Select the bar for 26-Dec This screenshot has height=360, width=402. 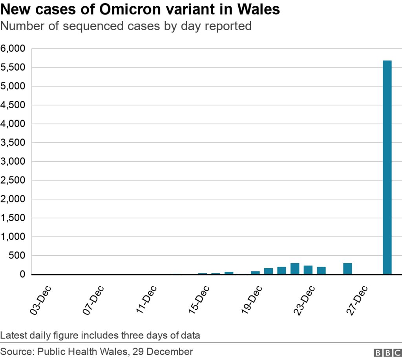click(347, 269)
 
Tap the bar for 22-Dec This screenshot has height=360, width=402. click(295, 269)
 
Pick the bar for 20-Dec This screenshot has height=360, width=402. click(269, 271)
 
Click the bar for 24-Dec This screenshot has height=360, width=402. click(321, 271)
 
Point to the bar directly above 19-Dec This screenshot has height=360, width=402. click(255, 273)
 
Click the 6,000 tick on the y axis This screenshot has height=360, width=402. click(13, 49)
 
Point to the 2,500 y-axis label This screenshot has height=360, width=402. click(13, 180)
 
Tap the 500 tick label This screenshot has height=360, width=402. click(16, 256)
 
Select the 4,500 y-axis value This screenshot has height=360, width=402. click(13, 105)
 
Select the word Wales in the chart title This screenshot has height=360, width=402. click(258, 9)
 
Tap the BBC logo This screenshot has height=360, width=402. click(386, 352)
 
